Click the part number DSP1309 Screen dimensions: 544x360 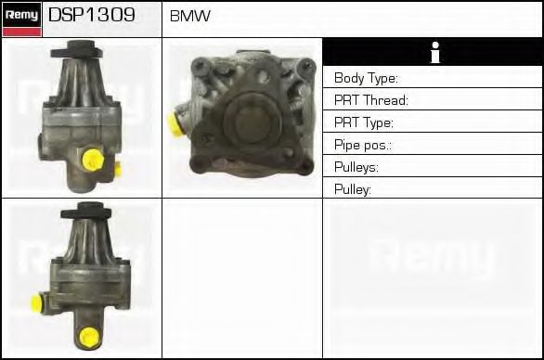pyautogui.click(x=92, y=15)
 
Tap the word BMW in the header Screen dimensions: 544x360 pyautogui.click(x=190, y=16)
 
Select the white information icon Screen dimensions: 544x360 pyautogui.click(x=435, y=52)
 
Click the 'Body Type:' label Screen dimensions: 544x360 pyautogui.click(x=366, y=78)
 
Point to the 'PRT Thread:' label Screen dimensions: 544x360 pyautogui.click(x=371, y=100)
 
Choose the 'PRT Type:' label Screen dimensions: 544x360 pyautogui.click(x=364, y=122)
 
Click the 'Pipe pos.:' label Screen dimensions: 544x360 pyautogui.click(x=363, y=145)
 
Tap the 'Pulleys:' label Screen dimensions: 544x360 pyautogui.click(x=356, y=167)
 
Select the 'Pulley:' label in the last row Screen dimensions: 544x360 pyautogui.click(x=353, y=189)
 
